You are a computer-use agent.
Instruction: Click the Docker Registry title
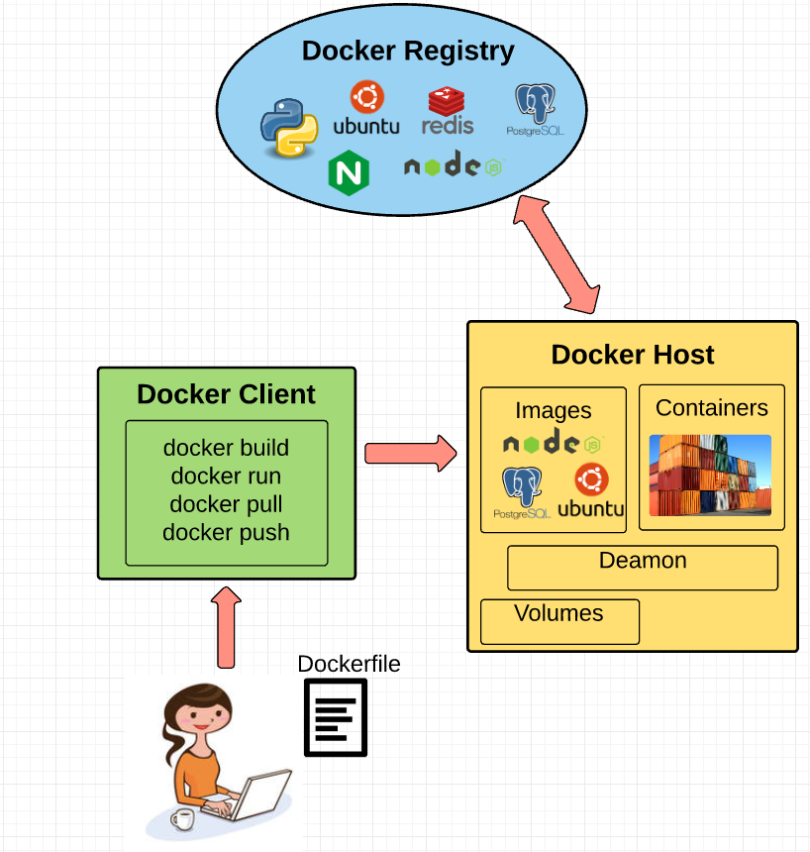(408, 52)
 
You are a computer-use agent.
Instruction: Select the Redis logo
(448, 111)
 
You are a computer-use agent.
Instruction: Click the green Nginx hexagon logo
(349, 173)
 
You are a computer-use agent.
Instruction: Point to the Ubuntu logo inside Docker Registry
(366, 109)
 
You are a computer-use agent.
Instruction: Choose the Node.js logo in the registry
(454, 166)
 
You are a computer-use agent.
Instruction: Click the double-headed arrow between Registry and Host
(557, 254)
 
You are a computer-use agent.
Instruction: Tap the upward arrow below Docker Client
(227, 626)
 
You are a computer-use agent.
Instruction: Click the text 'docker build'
(226, 448)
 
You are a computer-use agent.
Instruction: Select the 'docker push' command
(226, 532)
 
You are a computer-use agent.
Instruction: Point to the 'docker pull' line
(226, 504)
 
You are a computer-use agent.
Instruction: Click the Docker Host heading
(633, 355)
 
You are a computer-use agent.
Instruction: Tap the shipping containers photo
(710, 476)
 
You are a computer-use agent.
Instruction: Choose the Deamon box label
(643, 561)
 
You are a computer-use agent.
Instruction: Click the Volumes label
(558, 613)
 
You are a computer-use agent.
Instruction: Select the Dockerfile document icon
(335, 719)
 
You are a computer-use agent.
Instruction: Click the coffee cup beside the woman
(182, 818)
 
